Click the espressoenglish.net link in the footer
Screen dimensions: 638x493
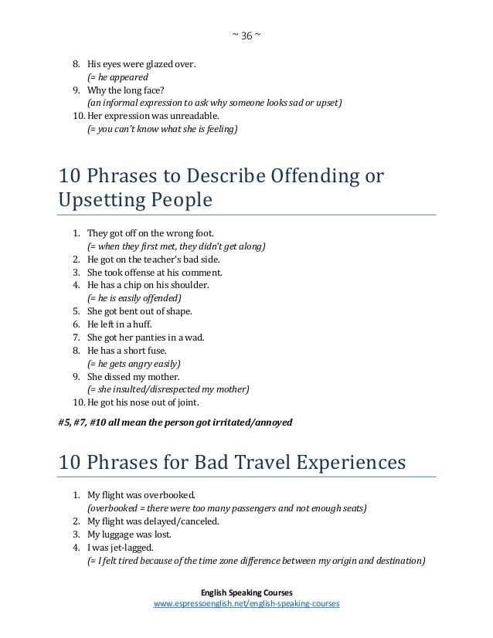pos(246,603)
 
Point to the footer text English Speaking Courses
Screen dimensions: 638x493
pos(246,591)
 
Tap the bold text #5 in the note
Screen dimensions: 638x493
pos(65,423)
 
